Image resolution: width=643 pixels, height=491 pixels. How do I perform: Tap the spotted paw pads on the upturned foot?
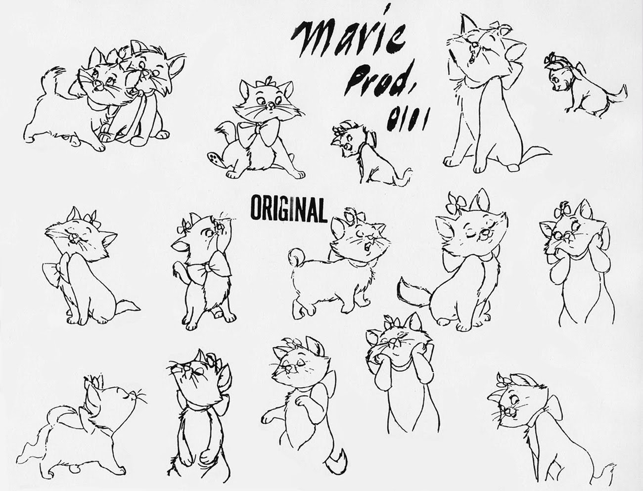point(214,158)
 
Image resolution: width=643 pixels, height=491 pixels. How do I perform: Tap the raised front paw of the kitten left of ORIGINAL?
point(177,268)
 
